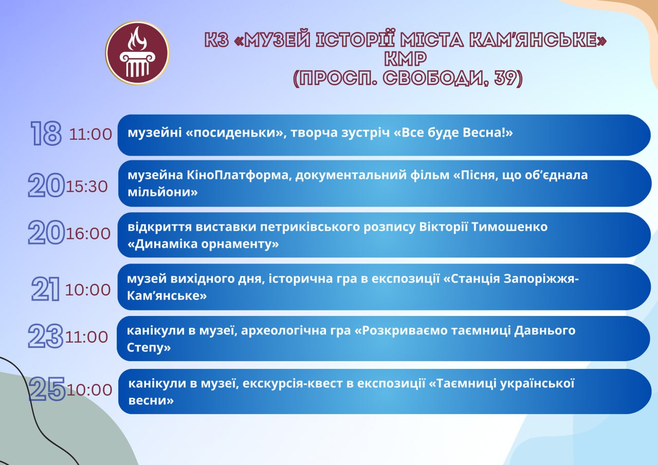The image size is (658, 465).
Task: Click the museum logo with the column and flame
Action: (137, 53)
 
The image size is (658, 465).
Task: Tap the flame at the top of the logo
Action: (137, 38)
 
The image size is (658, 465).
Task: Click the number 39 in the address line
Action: (507, 78)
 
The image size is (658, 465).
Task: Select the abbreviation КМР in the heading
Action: (406, 59)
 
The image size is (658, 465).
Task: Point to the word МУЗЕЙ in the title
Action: (277, 40)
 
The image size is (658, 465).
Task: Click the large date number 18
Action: (46, 133)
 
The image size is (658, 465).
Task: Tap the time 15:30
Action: (87, 187)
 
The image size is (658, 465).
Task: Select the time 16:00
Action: (88, 234)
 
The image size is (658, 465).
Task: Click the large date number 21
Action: (46, 289)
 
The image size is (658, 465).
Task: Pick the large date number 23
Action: (46, 336)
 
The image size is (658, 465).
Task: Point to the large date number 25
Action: (47, 389)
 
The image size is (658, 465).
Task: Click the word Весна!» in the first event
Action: (488, 133)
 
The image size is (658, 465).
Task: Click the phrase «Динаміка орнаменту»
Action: (203, 244)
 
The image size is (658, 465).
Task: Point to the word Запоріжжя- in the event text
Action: (541, 278)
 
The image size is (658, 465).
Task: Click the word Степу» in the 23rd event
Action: (149, 347)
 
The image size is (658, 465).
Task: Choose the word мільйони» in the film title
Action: (163, 192)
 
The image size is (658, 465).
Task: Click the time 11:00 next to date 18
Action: (90, 134)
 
